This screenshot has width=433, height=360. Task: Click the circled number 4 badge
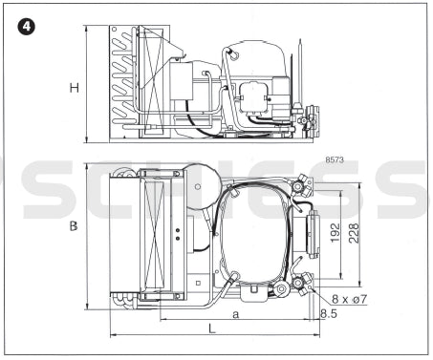coord(27,27)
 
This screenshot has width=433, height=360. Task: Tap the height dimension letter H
coord(75,88)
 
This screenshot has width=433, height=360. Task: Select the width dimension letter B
coord(74,226)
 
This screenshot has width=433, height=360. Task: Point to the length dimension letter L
coord(212,328)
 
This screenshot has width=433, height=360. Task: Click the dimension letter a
coord(235,314)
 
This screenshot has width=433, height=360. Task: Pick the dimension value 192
coord(336,232)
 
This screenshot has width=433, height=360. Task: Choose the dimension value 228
coord(354,233)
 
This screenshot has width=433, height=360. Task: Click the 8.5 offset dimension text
coord(329,314)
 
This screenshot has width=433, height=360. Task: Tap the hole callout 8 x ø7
coord(350,299)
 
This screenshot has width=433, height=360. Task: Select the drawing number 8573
coord(335,159)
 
